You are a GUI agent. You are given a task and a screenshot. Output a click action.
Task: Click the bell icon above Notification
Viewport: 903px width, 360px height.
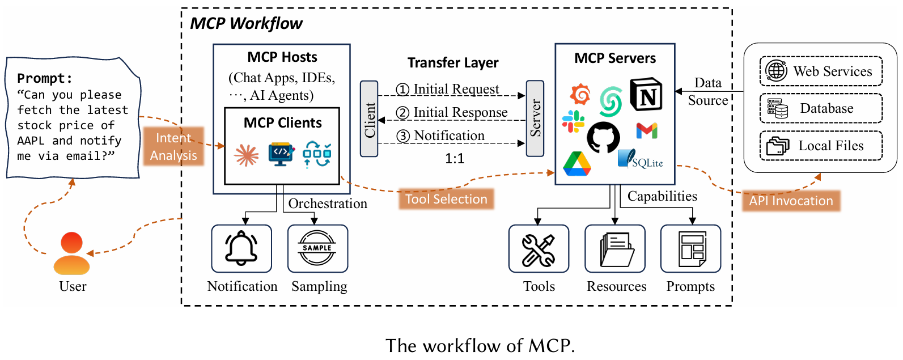pyautogui.click(x=241, y=248)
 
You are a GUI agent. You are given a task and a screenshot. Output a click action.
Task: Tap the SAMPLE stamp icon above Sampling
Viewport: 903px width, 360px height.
pyautogui.click(x=317, y=248)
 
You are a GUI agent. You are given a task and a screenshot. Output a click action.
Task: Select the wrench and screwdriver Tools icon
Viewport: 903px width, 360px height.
pyautogui.click(x=539, y=249)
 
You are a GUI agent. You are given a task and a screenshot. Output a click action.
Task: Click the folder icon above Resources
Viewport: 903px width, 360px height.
pyautogui.click(x=616, y=249)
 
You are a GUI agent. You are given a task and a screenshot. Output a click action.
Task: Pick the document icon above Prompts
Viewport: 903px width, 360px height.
pyautogui.click(x=691, y=249)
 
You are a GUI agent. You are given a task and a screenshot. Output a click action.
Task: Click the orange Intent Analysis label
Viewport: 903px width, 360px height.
pyautogui.click(x=173, y=146)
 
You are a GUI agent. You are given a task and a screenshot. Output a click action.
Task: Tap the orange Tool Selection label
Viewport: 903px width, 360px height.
pyautogui.click(x=446, y=199)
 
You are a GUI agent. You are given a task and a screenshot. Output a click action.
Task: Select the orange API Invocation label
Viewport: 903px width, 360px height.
pyautogui.click(x=791, y=201)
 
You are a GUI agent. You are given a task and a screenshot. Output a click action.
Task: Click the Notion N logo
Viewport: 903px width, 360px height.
pyautogui.click(x=646, y=95)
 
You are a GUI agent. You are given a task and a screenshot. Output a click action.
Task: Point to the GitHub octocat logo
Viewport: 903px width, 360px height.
pyautogui.click(x=603, y=137)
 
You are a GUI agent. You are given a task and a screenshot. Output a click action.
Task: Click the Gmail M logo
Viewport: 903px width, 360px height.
pyautogui.click(x=646, y=131)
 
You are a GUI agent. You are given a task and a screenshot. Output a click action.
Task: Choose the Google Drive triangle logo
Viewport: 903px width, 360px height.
pyautogui.click(x=577, y=164)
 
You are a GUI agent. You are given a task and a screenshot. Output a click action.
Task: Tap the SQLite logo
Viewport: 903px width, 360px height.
pyautogui.click(x=641, y=159)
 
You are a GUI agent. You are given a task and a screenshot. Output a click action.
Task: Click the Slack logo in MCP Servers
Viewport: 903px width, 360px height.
pyautogui.click(x=573, y=121)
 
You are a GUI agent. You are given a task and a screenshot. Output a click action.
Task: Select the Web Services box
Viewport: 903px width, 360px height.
pyautogui.click(x=821, y=71)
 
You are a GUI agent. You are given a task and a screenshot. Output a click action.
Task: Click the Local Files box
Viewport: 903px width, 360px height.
pyautogui.click(x=821, y=146)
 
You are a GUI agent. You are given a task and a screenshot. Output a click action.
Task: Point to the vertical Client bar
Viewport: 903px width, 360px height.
pyautogui.click(x=369, y=119)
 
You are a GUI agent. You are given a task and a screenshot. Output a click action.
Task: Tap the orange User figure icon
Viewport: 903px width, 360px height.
pyautogui.click(x=72, y=254)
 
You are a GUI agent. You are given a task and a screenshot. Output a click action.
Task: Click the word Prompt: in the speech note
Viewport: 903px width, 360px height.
pyautogui.click(x=45, y=78)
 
